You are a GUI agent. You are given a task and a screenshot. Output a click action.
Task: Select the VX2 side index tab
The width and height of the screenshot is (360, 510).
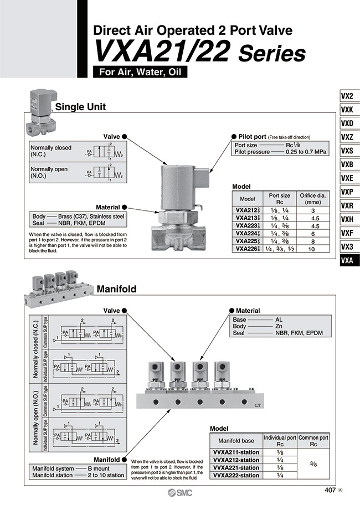pyautogui.click(x=348, y=95)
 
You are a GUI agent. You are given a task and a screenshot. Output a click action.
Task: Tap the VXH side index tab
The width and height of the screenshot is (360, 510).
pyautogui.click(x=348, y=219)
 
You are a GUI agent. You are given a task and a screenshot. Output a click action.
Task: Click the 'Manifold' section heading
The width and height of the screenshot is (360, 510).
pyautogui.click(x=116, y=289)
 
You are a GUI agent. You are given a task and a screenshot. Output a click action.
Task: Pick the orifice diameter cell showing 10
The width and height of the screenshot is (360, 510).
pyautogui.click(x=312, y=249)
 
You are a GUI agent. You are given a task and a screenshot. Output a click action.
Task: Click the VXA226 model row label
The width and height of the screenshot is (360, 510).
pyautogui.click(x=246, y=249)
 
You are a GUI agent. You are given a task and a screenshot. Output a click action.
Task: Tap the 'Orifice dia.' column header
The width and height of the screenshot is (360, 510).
pyautogui.click(x=312, y=198)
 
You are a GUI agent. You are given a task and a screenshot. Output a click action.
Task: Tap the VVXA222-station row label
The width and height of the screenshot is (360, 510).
pyautogui.click(x=236, y=475)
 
